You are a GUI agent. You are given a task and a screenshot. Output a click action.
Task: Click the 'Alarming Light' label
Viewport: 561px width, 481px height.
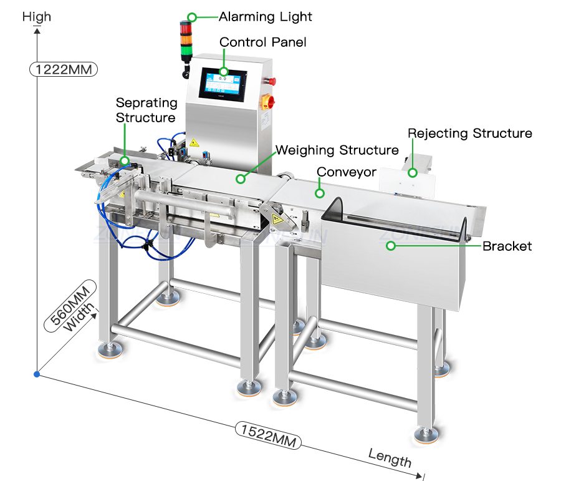[265, 17]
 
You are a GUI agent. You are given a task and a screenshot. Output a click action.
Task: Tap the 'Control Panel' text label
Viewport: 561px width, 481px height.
[262, 42]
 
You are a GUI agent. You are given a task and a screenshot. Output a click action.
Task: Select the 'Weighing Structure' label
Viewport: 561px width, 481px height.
[337, 150]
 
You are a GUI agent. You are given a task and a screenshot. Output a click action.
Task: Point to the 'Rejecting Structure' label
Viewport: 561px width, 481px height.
[470, 134]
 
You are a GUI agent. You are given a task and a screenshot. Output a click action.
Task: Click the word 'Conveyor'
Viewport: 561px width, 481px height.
[347, 172]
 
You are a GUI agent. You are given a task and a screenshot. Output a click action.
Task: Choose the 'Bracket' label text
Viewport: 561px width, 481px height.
[507, 246]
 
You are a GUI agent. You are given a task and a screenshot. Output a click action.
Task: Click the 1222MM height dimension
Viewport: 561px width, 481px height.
[64, 69]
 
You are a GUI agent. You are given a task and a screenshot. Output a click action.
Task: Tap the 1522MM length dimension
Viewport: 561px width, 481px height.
[268, 435]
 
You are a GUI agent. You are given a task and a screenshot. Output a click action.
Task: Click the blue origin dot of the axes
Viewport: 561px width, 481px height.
[37, 374]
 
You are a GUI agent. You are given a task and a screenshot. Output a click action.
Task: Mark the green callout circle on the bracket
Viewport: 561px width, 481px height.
[391, 246]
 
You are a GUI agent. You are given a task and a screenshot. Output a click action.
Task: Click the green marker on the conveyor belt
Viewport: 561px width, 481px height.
[320, 193]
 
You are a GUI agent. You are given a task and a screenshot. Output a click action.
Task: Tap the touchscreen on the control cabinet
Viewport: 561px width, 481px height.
[223, 84]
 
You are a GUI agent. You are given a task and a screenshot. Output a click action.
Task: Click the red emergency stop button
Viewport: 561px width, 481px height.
[272, 80]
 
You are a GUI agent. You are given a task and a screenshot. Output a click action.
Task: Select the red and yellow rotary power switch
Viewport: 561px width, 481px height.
[269, 101]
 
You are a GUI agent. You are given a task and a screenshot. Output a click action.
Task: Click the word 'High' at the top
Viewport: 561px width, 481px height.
[37, 17]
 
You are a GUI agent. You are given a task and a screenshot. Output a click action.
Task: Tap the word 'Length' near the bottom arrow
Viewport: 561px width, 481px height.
[390, 458]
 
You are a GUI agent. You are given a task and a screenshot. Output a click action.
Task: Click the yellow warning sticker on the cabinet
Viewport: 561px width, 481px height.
[194, 143]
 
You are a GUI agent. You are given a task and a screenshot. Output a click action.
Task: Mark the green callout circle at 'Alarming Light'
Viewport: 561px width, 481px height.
[192, 17]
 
